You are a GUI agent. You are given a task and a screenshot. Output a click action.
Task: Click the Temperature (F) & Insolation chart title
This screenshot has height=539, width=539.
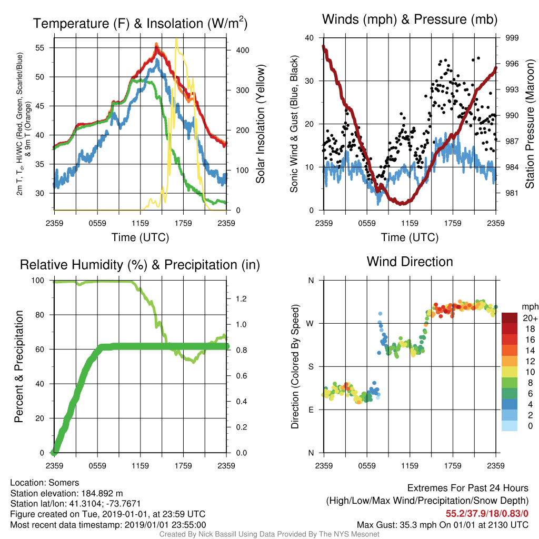[x=140, y=23]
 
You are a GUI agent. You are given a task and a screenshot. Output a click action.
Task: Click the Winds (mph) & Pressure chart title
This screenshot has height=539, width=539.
[x=410, y=19]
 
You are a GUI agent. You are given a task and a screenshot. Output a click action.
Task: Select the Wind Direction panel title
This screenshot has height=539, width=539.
[x=410, y=262]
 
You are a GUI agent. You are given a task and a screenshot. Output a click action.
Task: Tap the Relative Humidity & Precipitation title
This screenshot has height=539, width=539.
[x=140, y=265]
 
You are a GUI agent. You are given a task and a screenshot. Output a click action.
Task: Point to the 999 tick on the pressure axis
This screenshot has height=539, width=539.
[x=512, y=38]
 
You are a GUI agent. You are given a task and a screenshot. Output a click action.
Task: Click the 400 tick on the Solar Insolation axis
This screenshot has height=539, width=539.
[x=243, y=50]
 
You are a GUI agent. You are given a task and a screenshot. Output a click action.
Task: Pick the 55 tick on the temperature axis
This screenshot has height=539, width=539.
[x=40, y=48]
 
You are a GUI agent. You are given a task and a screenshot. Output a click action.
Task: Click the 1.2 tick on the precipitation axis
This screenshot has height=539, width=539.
[x=241, y=299]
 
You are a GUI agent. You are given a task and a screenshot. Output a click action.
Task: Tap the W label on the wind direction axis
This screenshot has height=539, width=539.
[x=310, y=324]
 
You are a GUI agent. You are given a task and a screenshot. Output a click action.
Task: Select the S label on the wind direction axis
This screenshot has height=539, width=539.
[x=311, y=367]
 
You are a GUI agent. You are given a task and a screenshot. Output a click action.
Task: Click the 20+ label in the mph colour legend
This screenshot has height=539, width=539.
[x=530, y=318]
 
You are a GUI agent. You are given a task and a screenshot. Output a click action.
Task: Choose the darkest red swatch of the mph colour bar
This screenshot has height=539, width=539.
[x=510, y=318]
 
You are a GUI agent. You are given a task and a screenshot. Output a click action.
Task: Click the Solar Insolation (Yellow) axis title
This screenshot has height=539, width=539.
[x=260, y=124]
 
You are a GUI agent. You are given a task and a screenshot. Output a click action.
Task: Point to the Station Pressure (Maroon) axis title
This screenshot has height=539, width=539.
[x=530, y=124]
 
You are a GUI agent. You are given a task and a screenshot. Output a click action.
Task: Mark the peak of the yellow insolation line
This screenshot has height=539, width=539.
[x=176, y=39]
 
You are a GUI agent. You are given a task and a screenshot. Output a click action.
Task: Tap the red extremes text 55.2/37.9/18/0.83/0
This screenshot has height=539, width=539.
[x=487, y=514]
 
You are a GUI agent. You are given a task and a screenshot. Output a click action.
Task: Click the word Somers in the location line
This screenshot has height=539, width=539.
[x=64, y=483]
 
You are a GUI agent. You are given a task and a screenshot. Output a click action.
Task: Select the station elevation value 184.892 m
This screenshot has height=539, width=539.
[x=102, y=493]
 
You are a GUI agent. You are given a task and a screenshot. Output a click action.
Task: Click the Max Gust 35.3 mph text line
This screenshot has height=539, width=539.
[x=442, y=525]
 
